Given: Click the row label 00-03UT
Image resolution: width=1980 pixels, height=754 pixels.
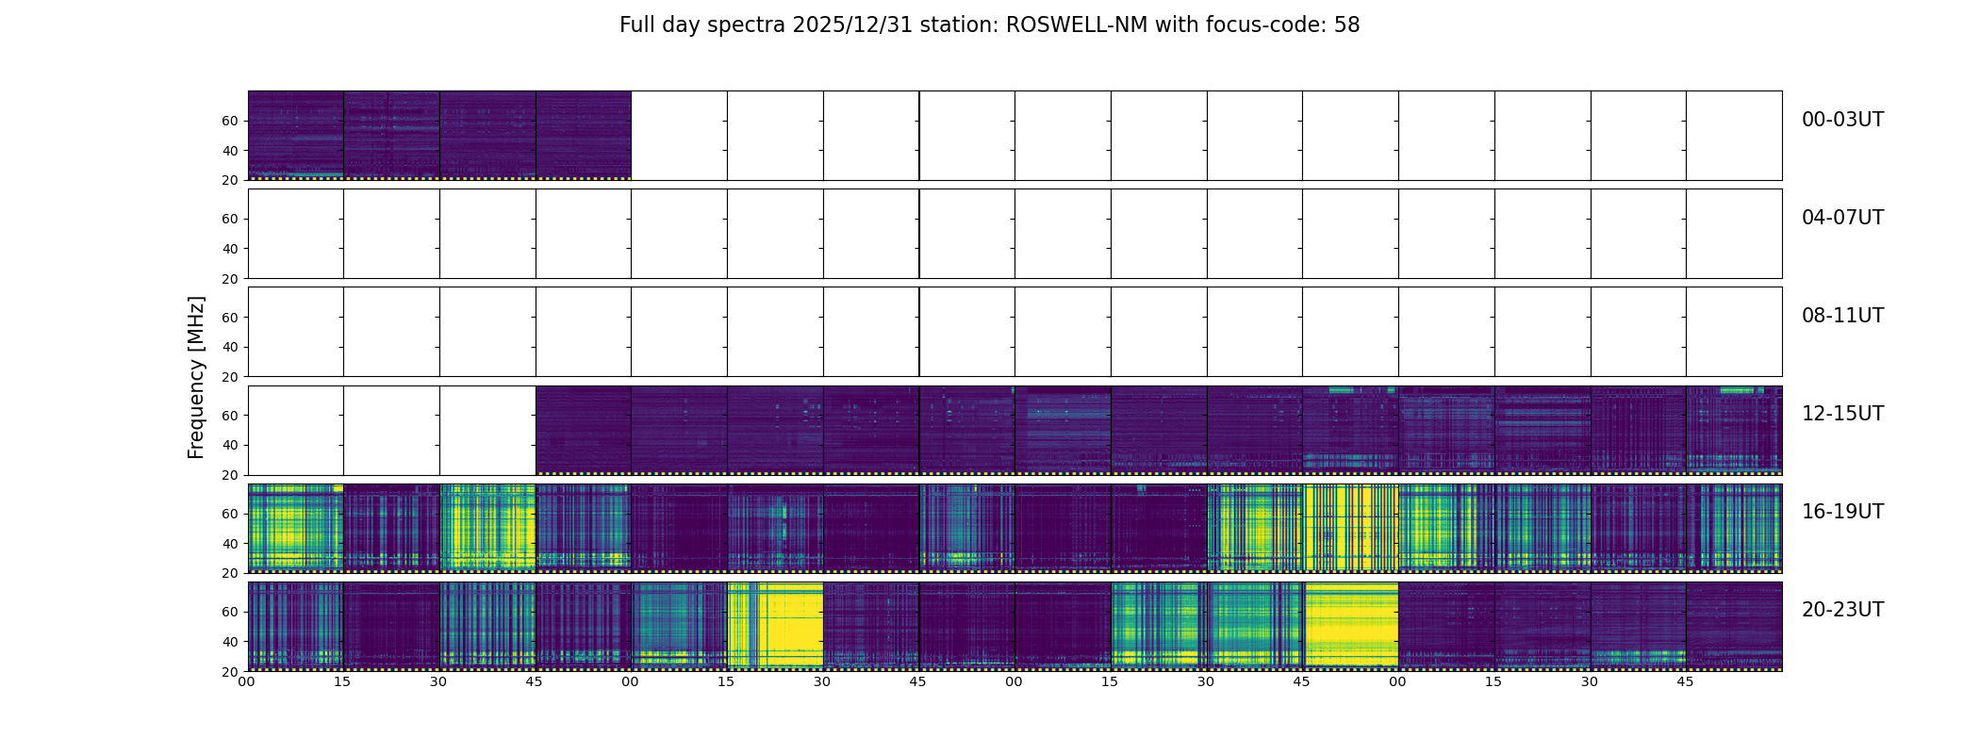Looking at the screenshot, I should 1842,120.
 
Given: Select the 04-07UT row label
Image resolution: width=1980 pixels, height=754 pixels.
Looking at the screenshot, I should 1842,218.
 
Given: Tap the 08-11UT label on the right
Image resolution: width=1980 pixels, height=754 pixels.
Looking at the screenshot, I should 1842,316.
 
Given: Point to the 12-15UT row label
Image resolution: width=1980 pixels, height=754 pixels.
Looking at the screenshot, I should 1842,414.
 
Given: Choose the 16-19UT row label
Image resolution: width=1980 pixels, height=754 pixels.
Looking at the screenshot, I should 1842,512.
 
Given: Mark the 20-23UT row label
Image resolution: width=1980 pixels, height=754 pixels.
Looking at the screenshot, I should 1842,610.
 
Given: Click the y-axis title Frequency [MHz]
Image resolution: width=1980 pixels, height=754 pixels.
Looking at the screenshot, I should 196,377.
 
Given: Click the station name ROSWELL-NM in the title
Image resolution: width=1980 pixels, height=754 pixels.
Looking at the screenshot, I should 1077,25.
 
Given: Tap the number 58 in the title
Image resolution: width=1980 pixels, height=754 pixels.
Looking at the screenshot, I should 1346,25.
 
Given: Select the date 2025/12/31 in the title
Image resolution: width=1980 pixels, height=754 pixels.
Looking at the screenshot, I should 852,25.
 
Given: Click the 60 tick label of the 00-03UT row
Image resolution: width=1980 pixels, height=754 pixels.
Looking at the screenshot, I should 230,121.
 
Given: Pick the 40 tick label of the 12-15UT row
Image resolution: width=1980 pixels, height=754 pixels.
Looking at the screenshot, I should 230,445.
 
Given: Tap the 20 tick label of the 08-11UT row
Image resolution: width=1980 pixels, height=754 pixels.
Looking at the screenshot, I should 230,377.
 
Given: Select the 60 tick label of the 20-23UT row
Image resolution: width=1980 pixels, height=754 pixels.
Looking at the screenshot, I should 230,612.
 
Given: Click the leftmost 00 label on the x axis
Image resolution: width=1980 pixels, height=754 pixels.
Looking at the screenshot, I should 247,681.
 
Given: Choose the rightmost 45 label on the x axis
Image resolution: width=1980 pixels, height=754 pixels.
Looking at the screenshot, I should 1685,681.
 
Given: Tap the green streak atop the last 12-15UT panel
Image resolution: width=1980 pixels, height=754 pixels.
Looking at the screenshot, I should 1736,390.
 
